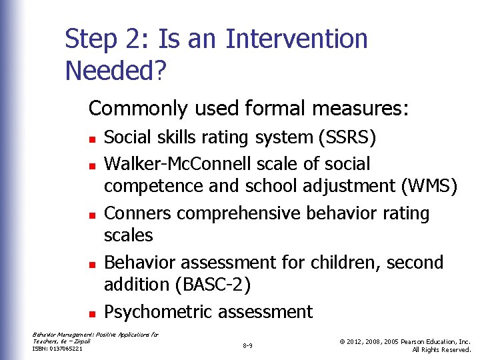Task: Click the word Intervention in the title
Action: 297,39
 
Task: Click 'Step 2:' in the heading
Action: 108,39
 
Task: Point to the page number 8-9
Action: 247,346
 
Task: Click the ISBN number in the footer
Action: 57,349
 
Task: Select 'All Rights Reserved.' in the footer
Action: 441,350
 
